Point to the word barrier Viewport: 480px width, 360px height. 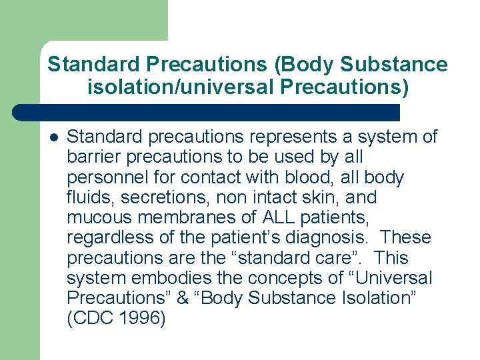[x=89, y=157]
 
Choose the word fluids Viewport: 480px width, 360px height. [x=87, y=197]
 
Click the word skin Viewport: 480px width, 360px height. [x=326, y=197]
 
